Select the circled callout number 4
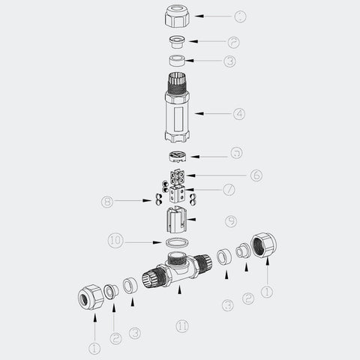tap(239, 114)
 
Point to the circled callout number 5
tap(236, 154)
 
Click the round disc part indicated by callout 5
tap(177, 156)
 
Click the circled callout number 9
tap(231, 221)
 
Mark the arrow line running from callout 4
tap(214, 114)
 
